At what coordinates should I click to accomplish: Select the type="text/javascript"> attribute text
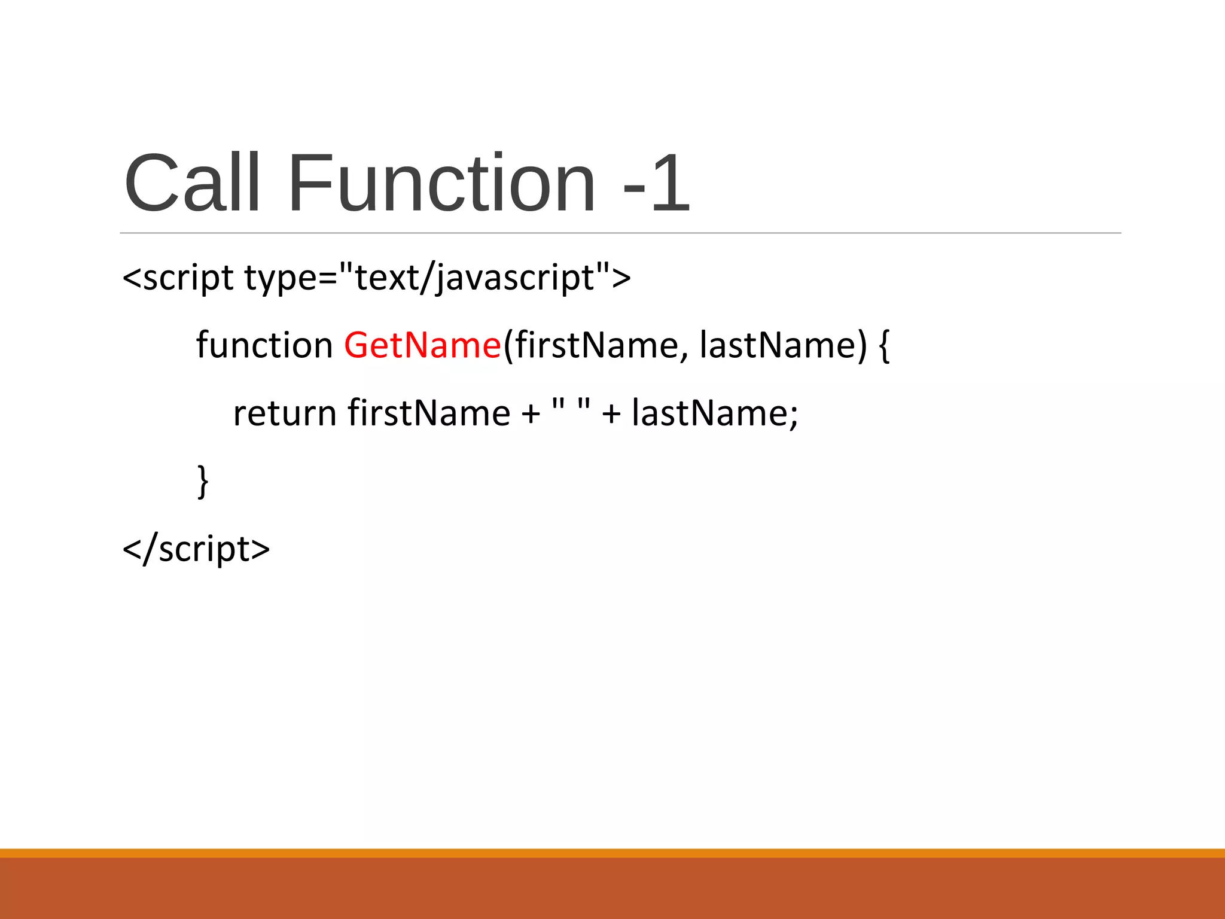[x=437, y=278]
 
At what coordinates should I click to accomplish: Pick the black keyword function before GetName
[x=264, y=345]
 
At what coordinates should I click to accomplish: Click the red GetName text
[x=422, y=345]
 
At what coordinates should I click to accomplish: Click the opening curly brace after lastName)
[x=885, y=346]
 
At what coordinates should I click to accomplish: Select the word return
[x=285, y=413]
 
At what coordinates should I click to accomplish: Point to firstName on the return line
[x=429, y=413]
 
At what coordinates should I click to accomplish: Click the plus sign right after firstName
[x=531, y=414]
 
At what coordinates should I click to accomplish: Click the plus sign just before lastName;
[x=611, y=414]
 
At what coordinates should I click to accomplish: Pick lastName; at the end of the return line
[x=715, y=413]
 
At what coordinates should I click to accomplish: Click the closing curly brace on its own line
[x=203, y=481]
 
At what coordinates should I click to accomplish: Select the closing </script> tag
[x=196, y=549]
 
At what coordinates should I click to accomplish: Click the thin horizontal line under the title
[x=620, y=233]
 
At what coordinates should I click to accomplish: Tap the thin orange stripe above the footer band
[x=612, y=853]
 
